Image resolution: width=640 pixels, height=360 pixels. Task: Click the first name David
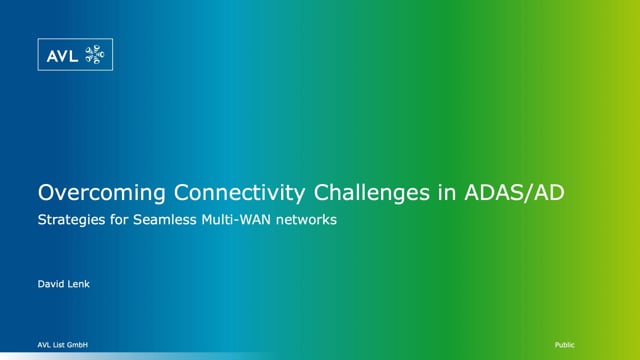(51, 286)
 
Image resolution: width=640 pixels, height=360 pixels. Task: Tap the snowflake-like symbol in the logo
(95, 55)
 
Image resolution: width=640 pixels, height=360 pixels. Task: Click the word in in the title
(423, 192)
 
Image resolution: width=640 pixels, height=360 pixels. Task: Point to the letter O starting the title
(45, 192)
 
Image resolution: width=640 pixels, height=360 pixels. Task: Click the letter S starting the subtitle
(41, 219)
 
